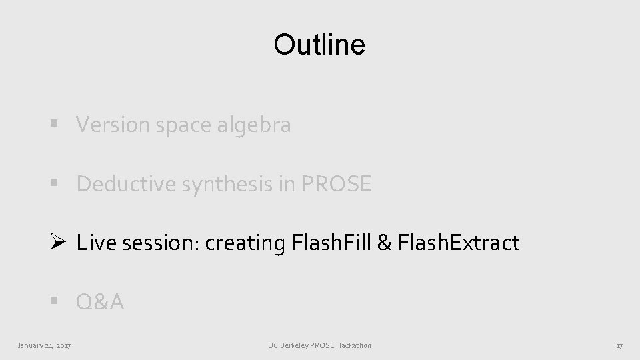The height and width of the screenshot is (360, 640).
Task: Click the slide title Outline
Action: tap(319, 45)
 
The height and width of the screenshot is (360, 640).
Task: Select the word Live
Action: tap(91, 243)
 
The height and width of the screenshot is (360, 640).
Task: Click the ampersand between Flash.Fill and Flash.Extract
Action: tap(384, 243)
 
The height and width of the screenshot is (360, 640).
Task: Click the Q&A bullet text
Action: tap(100, 303)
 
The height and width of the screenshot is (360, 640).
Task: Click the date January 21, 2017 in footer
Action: tap(45, 345)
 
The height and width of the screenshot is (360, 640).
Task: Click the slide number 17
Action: tap(619, 345)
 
